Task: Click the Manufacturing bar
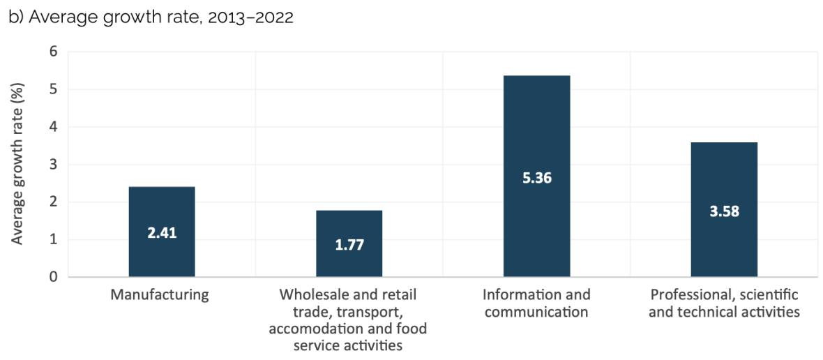point(162,209)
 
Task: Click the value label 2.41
point(162,233)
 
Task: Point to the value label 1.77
point(349,245)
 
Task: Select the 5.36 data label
point(536,178)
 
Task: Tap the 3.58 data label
point(724,211)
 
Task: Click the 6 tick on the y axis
point(53,52)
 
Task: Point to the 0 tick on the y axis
point(53,277)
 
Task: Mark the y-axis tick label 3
point(53,165)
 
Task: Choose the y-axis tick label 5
point(53,89)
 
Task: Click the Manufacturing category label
point(160,294)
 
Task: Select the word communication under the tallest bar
point(536,312)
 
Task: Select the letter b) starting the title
point(15,17)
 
